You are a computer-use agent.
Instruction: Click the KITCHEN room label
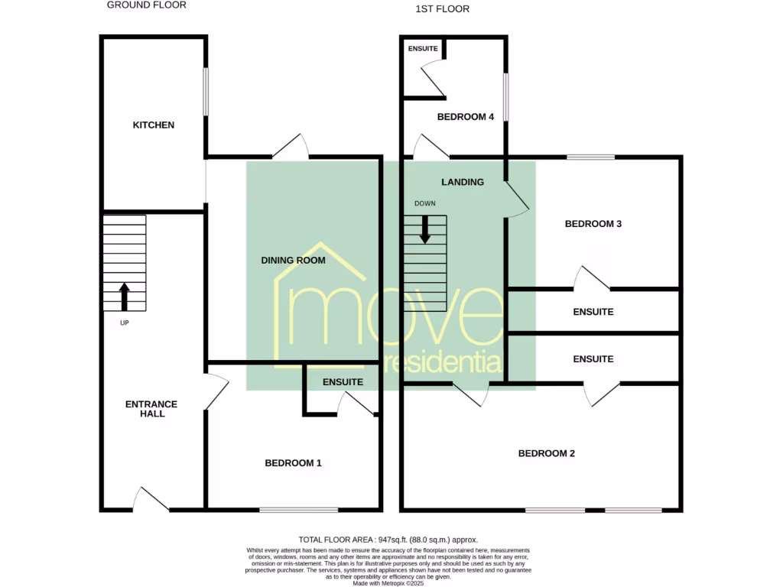(x=154, y=125)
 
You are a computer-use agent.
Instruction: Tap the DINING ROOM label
(x=293, y=261)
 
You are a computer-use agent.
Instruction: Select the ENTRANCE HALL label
(x=151, y=409)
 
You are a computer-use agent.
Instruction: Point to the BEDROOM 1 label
(x=293, y=463)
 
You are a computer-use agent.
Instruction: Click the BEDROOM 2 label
(x=547, y=453)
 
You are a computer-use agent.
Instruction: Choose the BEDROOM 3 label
(x=593, y=224)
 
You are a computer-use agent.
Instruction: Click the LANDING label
(x=463, y=182)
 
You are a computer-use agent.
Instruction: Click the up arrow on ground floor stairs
(x=124, y=297)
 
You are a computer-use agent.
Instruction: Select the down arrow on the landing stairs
(x=424, y=229)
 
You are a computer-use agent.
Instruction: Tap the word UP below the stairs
(x=125, y=323)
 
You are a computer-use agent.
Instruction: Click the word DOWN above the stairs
(x=425, y=204)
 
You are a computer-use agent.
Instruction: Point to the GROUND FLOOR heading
(x=147, y=5)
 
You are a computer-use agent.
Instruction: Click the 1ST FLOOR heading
(x=443, y=9)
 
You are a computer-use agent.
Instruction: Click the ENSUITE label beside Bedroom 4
(x=423, y=49)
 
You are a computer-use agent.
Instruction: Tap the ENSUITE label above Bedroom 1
(x=343, y=382)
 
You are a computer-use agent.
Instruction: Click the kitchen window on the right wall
(x=205, y=92)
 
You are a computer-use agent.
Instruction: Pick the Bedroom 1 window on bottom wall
(x=299, y=510)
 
